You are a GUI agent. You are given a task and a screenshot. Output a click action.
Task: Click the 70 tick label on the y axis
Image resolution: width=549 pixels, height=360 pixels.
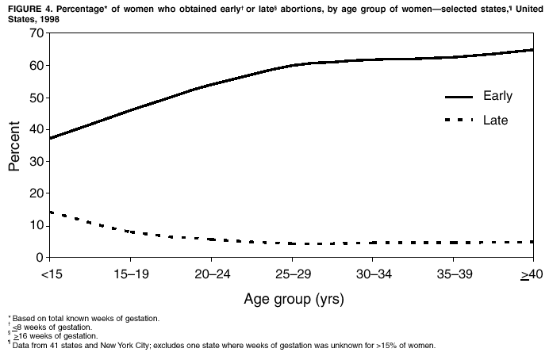point(35,33)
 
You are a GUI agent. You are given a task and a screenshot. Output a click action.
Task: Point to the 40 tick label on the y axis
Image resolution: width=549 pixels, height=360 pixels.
point(35,129)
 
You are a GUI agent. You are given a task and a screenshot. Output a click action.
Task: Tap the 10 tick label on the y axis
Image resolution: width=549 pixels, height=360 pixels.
point(35,225)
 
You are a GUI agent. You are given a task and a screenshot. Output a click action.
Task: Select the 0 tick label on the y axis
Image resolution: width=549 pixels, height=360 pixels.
point(39,257)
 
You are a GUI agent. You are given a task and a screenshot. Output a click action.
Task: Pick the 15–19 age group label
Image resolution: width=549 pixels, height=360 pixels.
point(130,274)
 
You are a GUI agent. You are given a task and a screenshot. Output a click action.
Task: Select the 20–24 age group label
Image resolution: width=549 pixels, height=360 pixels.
point(211,274)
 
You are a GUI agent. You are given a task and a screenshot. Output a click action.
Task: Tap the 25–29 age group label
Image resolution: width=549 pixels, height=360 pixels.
point(291,274)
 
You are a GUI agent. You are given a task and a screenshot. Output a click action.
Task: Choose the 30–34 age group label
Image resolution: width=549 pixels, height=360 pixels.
point(372,274)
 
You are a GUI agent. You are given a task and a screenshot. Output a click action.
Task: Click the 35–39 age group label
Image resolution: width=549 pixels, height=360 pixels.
point(453,274)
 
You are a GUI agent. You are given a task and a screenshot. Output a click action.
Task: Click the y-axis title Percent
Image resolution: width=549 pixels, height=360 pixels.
point(14,146)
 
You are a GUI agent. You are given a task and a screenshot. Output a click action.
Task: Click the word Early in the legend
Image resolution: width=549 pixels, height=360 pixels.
point(497,96)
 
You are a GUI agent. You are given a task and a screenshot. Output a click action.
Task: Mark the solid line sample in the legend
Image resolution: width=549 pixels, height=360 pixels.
point(458,97)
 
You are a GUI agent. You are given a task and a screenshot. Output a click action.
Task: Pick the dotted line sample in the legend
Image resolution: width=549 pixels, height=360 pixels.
point(458,121)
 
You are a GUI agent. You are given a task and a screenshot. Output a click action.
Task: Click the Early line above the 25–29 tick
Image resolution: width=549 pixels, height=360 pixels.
point(291,65)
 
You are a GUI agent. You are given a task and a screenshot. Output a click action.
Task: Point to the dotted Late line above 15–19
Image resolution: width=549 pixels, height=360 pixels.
point(130,232)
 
